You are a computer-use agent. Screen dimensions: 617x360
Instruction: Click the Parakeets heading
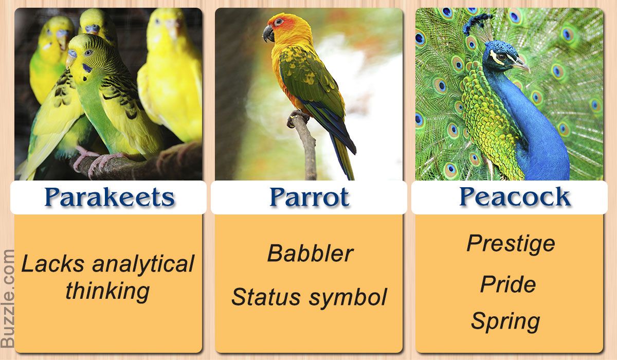pyautogui.click(x=110, y=196)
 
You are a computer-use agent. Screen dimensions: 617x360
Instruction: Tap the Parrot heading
pyautogui.click(x=310, y=196)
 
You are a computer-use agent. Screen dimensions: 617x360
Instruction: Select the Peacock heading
pyautogui.click(x=515, y=196)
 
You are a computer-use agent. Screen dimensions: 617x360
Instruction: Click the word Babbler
pyautogui.click(x=311, y=253)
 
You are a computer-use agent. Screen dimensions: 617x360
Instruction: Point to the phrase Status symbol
pyautogui.click(x=310, y=297)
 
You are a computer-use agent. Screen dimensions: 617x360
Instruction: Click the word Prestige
pyautogui.click(x=511, y=244)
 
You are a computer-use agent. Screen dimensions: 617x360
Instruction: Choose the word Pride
pyautogui.click(x=508, y=284)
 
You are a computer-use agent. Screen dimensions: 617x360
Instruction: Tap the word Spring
pyautogui.click(x=505, y=322)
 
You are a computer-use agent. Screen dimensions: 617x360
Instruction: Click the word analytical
pyautogui.click(x=143, y=264)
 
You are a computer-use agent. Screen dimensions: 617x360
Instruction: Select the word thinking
pyautogui.click(x=107, y=292)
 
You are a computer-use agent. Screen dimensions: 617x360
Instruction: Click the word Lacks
pyautogui.click(x=53, y=263)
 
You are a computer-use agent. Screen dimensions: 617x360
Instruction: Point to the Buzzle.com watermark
pyautogui.click(x=7, y=298)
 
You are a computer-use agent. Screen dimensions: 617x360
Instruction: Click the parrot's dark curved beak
pyautogui.click(x=268, y=33)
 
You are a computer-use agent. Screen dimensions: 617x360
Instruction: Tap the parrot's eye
pyautogui.click(x=278, y=22)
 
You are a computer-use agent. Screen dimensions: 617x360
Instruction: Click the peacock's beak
pyautogui.click(x=521, y=65)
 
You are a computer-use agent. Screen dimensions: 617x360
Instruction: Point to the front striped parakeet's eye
pyautogui.click(x=88, y=52)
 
